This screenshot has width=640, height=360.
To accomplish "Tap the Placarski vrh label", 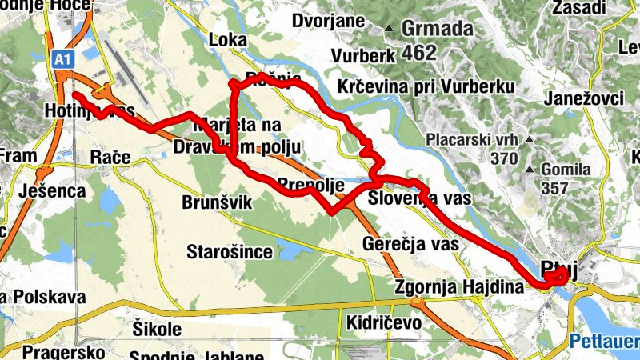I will click(x=475, y=139).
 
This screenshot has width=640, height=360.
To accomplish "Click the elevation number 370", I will click(x=504, y=158).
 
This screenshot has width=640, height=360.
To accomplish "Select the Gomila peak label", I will click(x=565, y=170).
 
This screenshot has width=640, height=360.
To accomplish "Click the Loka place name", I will click(x=226, y=39).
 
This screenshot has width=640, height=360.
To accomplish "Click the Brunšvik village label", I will click(x=217, y=203).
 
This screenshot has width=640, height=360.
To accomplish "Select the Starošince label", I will click(x=229, y=253).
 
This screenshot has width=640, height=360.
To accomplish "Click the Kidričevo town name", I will click(x=385, y=322).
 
